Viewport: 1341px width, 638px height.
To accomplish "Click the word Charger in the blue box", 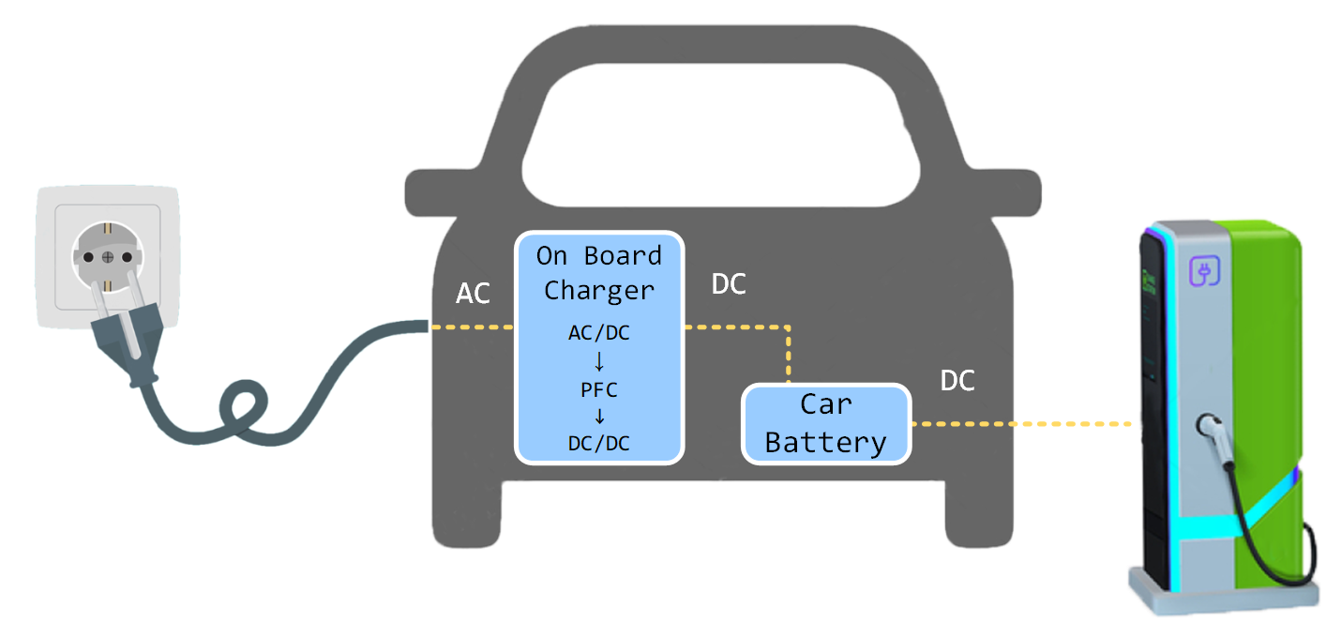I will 599,290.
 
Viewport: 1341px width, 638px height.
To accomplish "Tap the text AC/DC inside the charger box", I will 599,333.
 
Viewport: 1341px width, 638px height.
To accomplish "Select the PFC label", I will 599,388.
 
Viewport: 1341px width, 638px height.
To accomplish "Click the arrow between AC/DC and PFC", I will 599,361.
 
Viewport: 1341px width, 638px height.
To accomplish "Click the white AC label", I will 473,294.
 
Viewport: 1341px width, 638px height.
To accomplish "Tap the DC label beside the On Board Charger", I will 729,285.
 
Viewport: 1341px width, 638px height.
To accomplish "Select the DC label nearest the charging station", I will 957,381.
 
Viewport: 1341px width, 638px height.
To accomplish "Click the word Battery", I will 826,442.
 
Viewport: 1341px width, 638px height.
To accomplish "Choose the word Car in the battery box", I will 826,404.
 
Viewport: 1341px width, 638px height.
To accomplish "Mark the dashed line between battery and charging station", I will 1022,424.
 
